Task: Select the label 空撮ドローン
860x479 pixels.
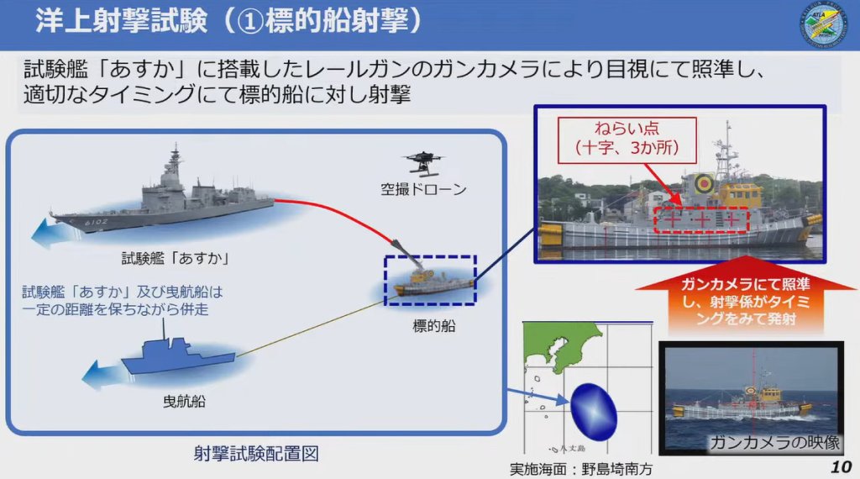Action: click(x=423, y=190)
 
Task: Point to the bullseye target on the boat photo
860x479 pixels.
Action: click(x=703, y=181)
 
